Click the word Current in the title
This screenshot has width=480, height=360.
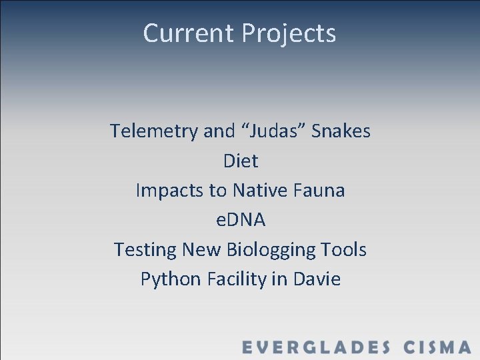click(x=189, y=33)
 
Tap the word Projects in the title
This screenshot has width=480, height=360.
click(x=289, y=33)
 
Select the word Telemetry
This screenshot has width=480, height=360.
click(x=154, y=131)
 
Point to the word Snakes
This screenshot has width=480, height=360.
click(x=341, y=131)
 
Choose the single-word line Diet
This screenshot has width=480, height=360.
click(x=241, y=161)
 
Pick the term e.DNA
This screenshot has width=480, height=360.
click(x=241, y=220)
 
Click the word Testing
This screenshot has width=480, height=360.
click(x=145, y=250)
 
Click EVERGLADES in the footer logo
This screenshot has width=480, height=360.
click(x=316, y=347)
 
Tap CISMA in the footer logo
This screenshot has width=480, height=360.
click(x=437, y=347)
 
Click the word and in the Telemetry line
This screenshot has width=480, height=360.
click(x=219, y=131)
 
